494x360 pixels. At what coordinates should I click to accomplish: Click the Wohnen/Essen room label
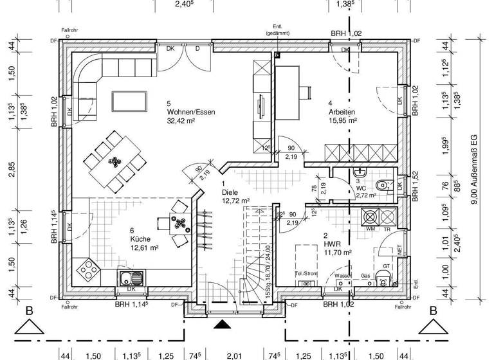tap(190, 112)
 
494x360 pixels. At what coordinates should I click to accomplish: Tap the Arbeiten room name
tap(341, 112)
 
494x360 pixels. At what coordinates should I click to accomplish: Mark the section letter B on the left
tap(28, 311)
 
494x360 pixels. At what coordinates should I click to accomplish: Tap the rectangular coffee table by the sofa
tap(129, 101)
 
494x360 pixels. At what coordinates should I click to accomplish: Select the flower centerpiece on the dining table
tap(114, 161)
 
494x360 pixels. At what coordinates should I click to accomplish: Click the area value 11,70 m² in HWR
tap(338, 253)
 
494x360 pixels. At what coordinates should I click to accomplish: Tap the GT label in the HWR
tap(386, 265)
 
